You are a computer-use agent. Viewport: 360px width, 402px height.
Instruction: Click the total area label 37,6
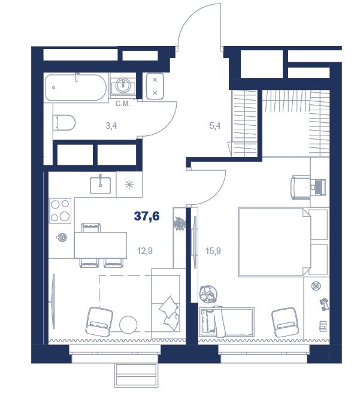click(147, 216)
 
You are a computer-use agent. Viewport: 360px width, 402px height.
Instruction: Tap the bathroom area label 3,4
click(111, 126)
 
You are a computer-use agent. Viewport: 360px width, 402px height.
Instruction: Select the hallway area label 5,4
click(215, 126)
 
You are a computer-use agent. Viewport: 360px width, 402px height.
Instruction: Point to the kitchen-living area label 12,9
click(145, 251)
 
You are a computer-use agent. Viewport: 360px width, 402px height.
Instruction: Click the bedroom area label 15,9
click(213, 251)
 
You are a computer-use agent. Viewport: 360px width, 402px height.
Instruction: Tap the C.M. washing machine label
click(123, 104)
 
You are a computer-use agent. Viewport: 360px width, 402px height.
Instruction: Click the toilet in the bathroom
click(64, 123)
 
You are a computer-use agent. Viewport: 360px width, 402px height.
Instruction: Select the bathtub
click(75, 87)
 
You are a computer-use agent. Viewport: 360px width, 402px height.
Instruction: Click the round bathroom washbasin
click(123, 86)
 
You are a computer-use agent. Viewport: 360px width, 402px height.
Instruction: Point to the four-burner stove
click(60, 210)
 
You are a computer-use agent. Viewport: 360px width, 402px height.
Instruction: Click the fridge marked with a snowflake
click(129, 185)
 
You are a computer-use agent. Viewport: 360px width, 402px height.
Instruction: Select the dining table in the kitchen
click(101, 245)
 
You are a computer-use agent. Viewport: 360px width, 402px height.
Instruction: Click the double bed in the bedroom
click(274, 242)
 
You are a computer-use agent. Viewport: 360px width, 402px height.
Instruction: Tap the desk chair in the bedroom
click(300, 188)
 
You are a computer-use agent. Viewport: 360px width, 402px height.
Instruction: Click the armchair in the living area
click(99, 321)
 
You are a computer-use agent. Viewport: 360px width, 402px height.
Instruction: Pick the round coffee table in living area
click(128, 325)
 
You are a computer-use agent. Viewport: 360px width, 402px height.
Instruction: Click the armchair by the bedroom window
click(285, 322)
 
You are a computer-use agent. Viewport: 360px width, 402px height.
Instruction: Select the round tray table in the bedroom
click(208, 294)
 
